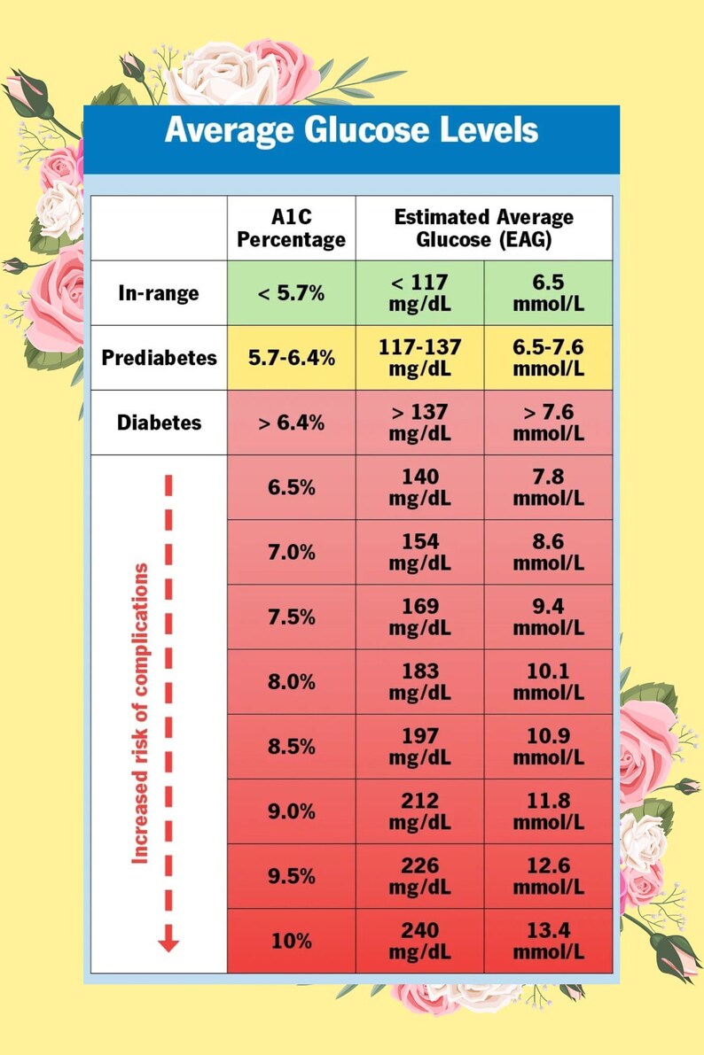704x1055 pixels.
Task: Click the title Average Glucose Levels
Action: tap(351, 130)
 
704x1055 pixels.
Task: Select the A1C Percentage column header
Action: tap(291, 228)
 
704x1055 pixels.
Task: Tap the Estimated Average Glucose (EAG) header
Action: tap(484, 228)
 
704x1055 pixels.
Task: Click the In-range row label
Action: tap(159, 293)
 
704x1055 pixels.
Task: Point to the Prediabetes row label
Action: tap(159, 357)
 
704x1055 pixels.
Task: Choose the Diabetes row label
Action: tap(159, 423)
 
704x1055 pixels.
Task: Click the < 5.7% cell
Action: tap(291, 293)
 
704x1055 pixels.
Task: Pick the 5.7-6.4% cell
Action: tap(291, 358)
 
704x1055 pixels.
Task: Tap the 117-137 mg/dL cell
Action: tap(419, 358)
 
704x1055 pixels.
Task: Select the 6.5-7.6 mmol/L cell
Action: tap(548, 358)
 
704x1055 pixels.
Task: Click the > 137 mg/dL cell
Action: tap(419, 423)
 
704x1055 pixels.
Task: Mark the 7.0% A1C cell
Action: tap(291, 553)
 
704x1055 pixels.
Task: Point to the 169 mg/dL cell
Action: tap(419, 617)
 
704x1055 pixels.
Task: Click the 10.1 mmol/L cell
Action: tap(548, 681)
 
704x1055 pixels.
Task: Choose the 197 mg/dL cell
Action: tap(419, 747)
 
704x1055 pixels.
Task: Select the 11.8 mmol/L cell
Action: tap(548, 811)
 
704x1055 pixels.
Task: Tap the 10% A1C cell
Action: tap(291, 941)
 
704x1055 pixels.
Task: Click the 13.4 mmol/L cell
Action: tap(548, 941)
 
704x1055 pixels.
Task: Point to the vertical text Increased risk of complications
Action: tap(139, 713)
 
